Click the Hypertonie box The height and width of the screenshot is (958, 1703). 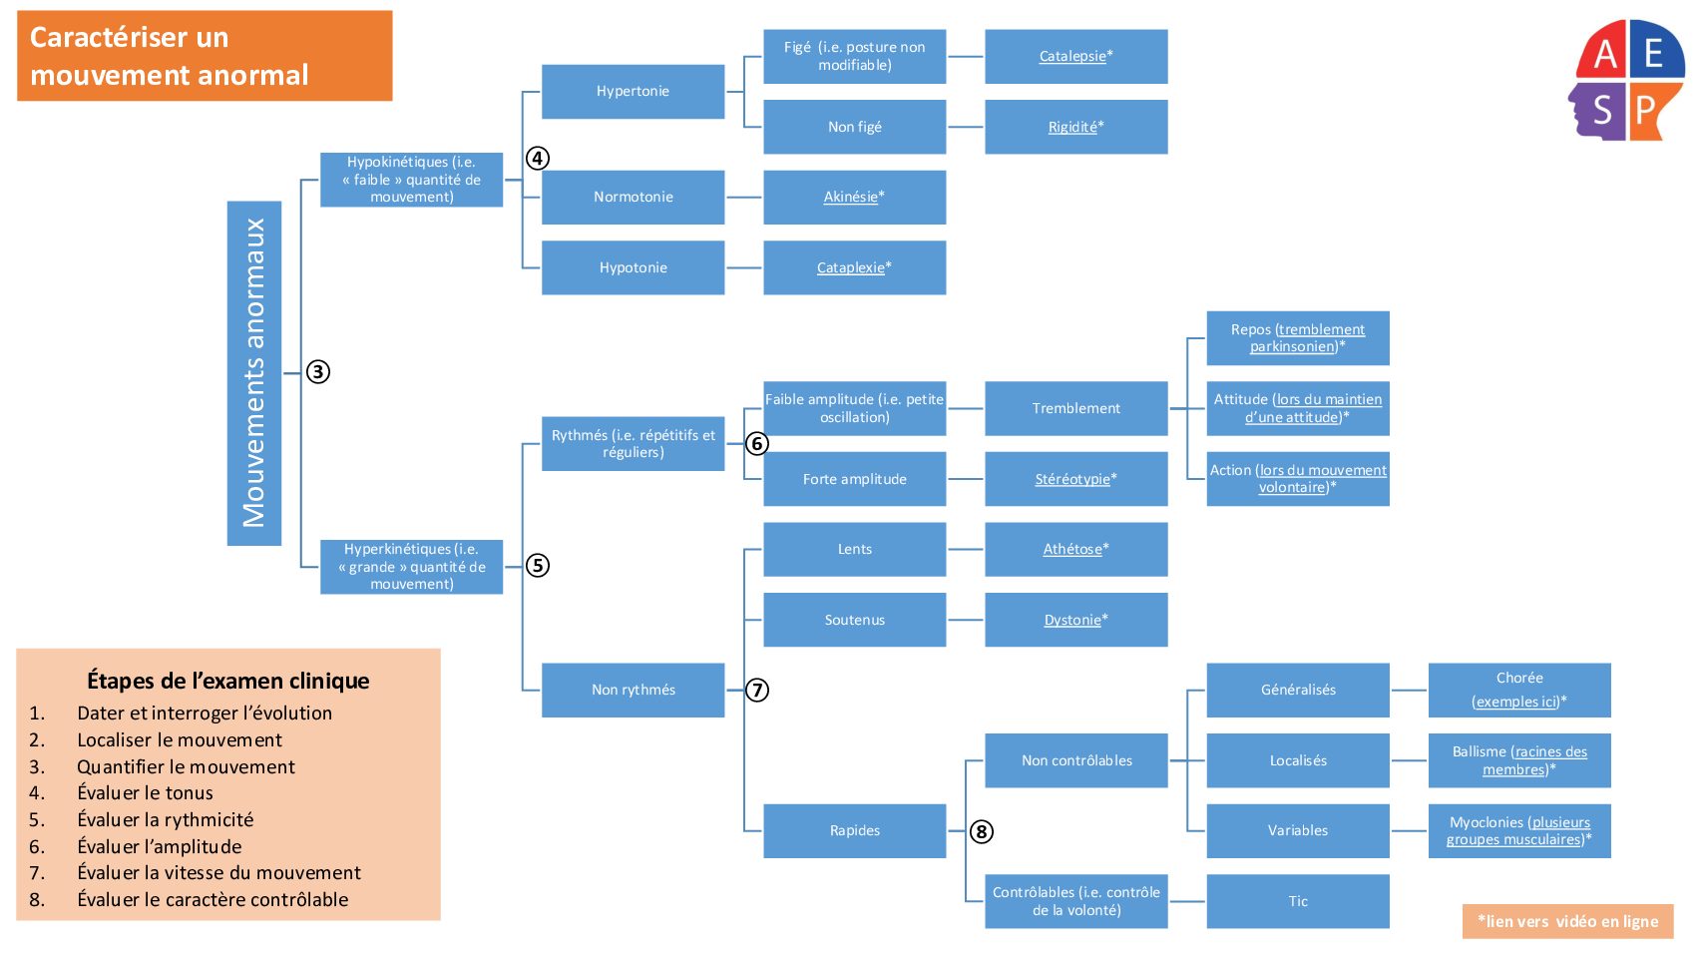tap(633, 92)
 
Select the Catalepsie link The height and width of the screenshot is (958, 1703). tap(1072, 56)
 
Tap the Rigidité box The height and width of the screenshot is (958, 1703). tap(1075, 127)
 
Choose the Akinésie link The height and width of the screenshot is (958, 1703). tap(850, 197)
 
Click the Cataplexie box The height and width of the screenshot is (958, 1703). tap(854, 267)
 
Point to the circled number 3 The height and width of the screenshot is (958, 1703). tap(317, 372)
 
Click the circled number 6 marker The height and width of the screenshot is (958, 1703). tap(757, 443)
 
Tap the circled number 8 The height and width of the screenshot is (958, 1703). tap(982, 831)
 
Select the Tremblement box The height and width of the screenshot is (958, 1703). tap(1075, 408)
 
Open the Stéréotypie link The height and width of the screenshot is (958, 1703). tap(1072, 479)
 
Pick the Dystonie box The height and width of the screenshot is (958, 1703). tap(1075, 620)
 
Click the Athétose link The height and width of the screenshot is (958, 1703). tap(1072, 549)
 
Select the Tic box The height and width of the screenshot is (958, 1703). tap(1297, 901)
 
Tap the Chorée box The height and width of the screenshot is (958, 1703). tap(1518, 690)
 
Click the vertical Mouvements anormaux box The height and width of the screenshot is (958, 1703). tap(254, 373)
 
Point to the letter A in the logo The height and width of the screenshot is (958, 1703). tap(1604, 54)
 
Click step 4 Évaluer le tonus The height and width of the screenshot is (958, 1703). tap(145, 793)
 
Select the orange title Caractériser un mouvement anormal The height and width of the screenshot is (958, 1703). tap(205, 56)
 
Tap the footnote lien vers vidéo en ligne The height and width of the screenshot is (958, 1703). tap(1567, 921)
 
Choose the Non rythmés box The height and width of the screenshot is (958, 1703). tap(633, 690)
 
